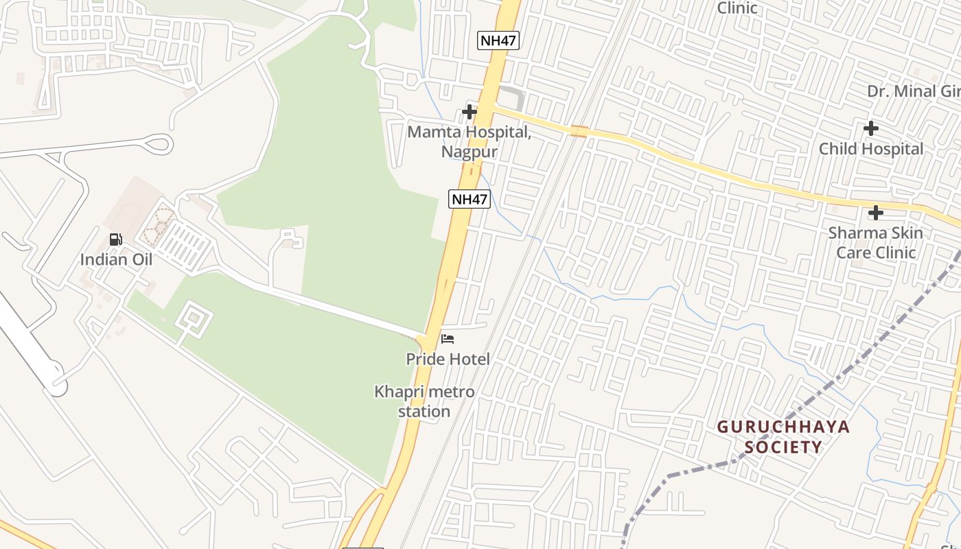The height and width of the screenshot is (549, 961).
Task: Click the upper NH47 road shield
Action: (x=498, y=40)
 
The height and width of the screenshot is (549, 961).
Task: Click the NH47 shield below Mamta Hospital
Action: (x=470, y=200)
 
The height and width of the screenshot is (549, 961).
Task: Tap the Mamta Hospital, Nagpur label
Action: (x=470, y=141)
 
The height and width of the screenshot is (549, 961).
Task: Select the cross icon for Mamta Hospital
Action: (x=470, y=111)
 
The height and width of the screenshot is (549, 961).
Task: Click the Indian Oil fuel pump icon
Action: (x=116, y=240)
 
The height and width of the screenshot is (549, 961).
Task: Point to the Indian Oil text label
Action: (x=116, y=259)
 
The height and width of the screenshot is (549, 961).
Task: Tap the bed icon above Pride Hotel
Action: (x=448, y=339)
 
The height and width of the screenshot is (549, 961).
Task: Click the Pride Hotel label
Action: (x=448, y=359)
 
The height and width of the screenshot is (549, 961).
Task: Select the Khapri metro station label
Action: (x=424, y=401)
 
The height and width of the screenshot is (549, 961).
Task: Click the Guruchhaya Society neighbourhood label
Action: (x=783, y=437)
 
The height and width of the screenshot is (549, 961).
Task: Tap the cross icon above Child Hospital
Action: (x=871, y=128)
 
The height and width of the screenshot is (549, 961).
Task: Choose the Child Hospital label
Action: (x=871, y=149)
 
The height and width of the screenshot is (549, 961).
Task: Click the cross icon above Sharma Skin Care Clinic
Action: (x=875, y=213)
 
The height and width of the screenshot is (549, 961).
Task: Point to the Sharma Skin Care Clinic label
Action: (x=875, y=242)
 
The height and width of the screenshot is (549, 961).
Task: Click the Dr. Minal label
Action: (x=913, y=91)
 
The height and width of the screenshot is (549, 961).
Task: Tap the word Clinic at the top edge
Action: (x=737, y=8)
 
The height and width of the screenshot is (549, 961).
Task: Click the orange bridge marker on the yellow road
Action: (x=579, y=131)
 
